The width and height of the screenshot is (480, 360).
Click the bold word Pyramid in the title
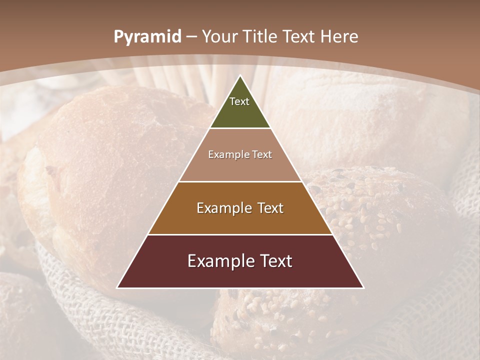point(147,37)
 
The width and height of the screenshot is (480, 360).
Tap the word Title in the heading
point(261,37)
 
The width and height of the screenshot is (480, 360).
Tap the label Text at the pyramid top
point(239,101)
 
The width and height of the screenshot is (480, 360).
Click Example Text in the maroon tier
point(240,261)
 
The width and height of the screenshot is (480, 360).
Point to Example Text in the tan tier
point(240,155)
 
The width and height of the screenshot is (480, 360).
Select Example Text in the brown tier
point(240,208)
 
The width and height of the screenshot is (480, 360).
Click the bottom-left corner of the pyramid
point(117,287)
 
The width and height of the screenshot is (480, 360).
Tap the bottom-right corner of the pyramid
point(363,287)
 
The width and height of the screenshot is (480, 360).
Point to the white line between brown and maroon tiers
point(240,234)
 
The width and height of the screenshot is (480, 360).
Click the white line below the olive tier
point(240,128)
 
